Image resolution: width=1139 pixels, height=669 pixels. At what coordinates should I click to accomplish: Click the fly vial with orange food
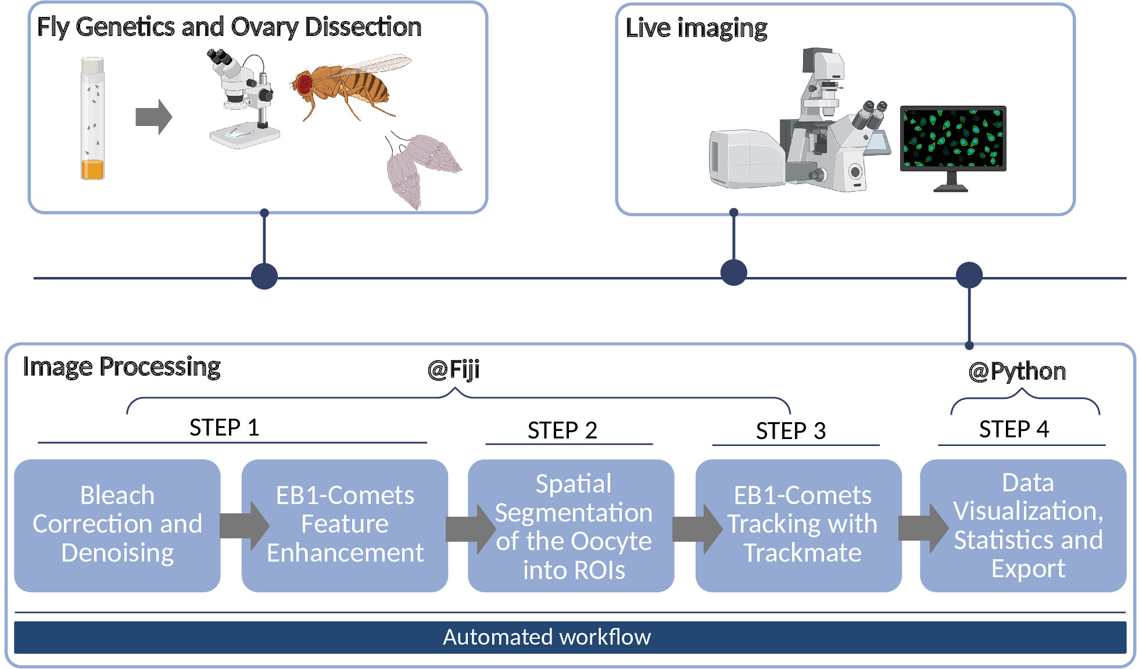(92, 118)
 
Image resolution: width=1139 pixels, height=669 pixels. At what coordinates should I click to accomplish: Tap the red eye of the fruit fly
(305, 85)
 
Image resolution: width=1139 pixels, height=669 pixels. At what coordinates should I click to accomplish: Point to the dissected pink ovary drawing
(421, 170)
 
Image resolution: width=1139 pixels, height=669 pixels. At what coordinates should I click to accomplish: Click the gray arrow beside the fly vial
(154, 117)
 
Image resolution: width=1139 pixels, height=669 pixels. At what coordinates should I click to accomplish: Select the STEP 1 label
(224, 427)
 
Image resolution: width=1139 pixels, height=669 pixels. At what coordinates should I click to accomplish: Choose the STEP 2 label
(563, 430)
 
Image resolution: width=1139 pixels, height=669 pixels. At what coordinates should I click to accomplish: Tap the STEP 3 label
(791, 431)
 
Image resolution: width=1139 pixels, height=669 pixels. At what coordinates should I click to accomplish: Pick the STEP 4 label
(1014, 429)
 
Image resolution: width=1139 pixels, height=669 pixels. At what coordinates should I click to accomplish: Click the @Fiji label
(454, 370)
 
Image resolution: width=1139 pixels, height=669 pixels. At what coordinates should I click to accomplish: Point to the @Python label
(1017, 372)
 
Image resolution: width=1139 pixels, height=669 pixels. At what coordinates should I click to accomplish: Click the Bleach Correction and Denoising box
(117, 526)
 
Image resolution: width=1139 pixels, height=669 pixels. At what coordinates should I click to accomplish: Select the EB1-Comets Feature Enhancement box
(345, 526)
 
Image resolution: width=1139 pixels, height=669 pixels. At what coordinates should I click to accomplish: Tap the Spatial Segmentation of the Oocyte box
(571, 526)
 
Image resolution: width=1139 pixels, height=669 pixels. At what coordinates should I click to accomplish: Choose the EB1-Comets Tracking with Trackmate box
(798, 526)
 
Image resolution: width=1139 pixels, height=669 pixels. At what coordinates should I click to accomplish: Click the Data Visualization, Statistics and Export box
(1023, 526)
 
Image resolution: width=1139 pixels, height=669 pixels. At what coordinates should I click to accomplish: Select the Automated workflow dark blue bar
(570, 637)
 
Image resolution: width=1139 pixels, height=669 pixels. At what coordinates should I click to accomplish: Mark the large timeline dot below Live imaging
(734, 272)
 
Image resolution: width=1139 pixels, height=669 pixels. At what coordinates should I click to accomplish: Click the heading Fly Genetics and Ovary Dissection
(229, 27)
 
